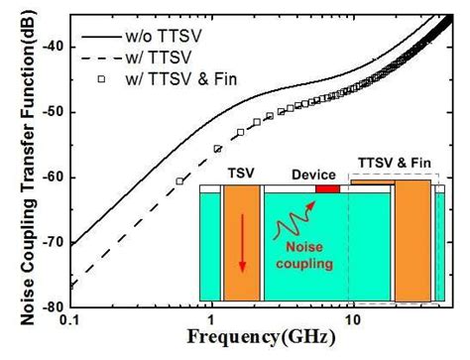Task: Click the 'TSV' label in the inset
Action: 239,172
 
